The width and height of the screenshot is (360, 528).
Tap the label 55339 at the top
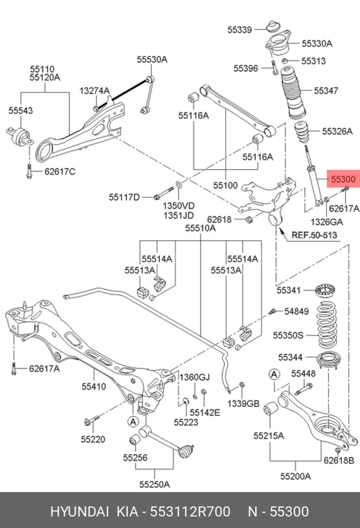(x=240, y=30)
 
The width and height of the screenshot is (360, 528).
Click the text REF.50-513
(x=314, y=235)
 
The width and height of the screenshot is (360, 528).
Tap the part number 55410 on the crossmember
(x=93, y=386)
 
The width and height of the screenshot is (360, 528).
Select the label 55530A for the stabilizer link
(x=152, y=60)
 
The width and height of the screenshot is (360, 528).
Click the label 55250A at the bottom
(x=154, y=484)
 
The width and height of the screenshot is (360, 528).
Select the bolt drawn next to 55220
(x=92, y=420)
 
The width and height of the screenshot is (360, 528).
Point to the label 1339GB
(x=243, y=404)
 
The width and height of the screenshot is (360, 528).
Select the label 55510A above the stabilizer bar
(x=200, y=229)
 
